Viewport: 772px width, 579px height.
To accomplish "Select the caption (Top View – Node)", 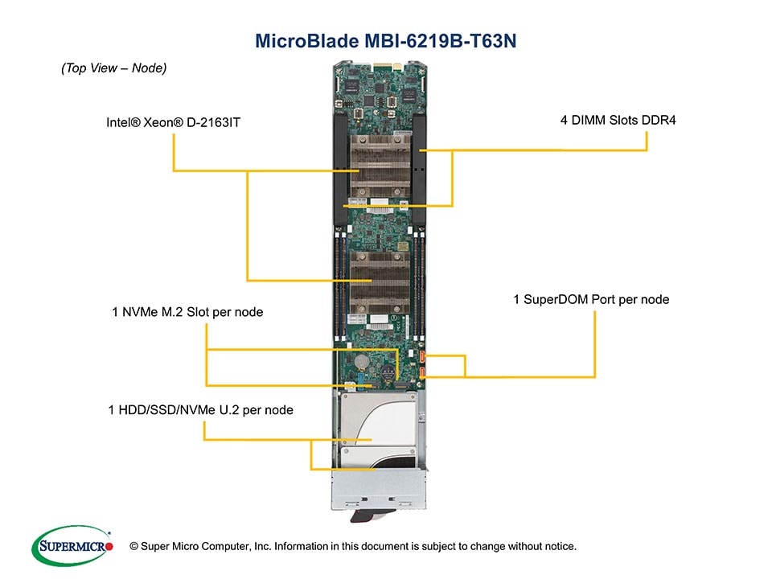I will [x=113, y=68].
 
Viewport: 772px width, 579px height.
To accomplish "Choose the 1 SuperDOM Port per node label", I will [x=591, y=299].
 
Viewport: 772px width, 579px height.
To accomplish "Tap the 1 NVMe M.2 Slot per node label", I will [x=187, y=311].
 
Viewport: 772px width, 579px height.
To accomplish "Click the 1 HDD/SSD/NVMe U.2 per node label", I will [x=200, y=410].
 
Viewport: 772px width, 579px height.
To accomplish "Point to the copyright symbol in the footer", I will [x=133, y=547].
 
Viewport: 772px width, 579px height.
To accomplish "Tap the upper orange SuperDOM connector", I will [x=422, y=355].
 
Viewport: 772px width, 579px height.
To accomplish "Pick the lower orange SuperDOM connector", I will [x=422, y=372].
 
